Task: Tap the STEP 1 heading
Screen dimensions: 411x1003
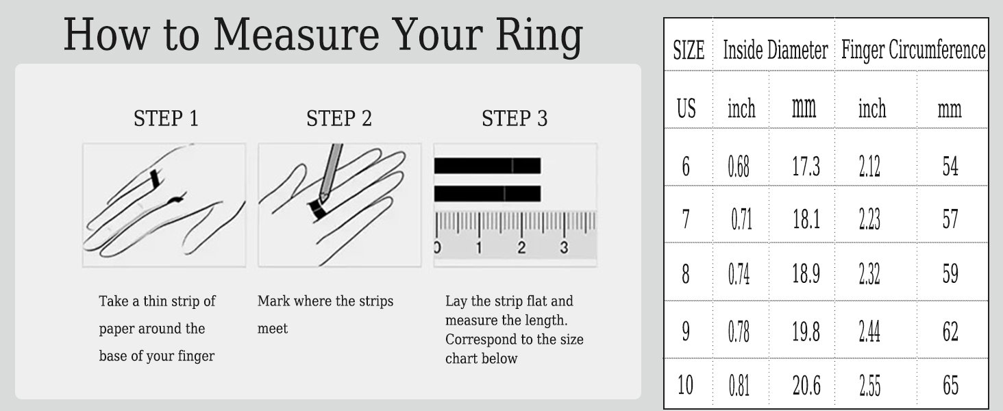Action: coord(166,119)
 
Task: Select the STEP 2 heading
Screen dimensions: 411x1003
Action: coord(339,119)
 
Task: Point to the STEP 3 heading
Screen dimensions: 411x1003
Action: coord(515,119)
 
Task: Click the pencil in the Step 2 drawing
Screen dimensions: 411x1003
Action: coord(332,171)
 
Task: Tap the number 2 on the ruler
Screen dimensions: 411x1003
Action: coord(521,247)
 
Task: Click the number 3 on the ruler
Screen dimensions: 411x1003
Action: coord(564,247)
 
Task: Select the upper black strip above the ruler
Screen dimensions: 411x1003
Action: coord(487,166)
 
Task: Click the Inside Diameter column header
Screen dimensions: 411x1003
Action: coord(775,51)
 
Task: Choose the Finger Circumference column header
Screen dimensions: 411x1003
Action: coord(913,51)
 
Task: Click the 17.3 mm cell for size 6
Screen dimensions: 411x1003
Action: coord(806,167)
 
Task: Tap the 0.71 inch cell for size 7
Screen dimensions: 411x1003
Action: coord(741,221)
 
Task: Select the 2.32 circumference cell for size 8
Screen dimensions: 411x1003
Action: coord(870,275)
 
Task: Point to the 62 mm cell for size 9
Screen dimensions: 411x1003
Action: coord(950,332)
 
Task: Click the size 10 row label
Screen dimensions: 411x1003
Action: coord(685,386)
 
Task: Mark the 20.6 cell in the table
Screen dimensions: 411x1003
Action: coord(806,386)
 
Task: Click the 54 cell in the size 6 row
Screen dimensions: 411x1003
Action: coord(950,167)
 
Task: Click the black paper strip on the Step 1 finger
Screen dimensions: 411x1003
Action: coord(156,179)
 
